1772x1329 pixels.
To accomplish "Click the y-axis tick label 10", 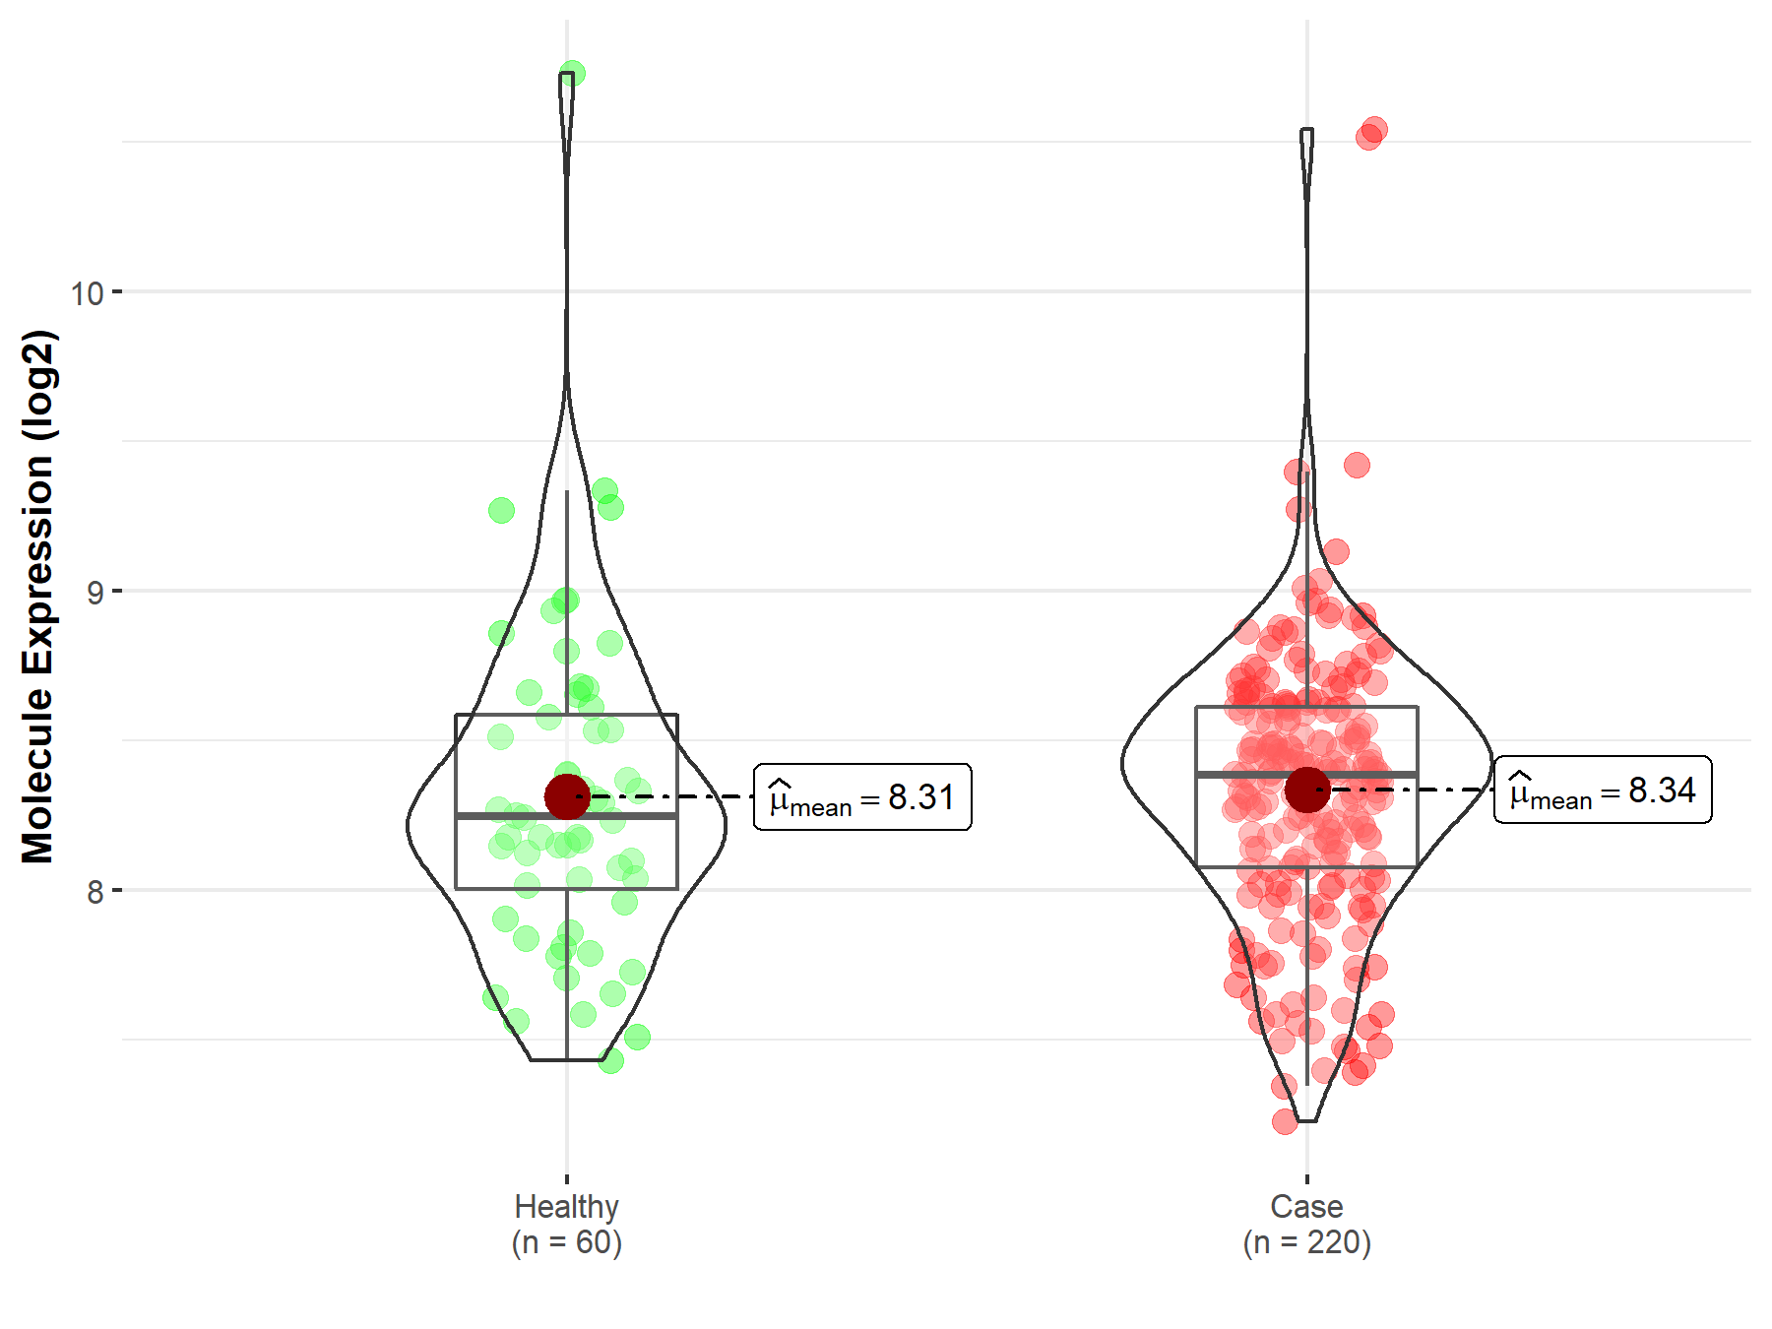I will tap(87, 292).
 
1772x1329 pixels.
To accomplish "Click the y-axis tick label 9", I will tap(95, 592).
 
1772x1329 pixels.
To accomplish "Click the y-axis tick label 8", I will tap(95, 892).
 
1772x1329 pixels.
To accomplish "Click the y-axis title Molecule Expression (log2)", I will tap(37, 597).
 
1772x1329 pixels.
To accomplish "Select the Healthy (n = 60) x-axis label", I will tap(567, 1224).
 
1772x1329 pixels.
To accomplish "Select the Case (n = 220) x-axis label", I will tap(1306, 1224).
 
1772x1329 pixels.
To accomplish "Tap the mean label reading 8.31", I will tap(862, 797).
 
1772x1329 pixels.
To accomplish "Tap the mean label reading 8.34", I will tap(1603, 791).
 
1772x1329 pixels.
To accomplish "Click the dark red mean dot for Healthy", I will tap(567, 796).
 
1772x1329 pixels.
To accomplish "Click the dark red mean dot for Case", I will tap(1306, 790).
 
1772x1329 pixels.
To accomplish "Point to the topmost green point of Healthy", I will tap(572, 74).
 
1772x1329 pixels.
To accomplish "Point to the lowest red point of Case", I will tap(1285, 1121).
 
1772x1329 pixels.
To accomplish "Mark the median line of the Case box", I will tap(1250, 775).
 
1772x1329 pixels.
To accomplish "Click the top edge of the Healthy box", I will tap(512, 715).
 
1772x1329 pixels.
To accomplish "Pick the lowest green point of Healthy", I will tap(610, 1060).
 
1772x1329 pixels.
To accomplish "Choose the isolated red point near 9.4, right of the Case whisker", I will tap(1357, 465).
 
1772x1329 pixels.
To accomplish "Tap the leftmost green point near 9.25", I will tap(501, 510).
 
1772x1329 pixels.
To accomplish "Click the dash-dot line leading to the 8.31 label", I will tap(689, 796).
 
